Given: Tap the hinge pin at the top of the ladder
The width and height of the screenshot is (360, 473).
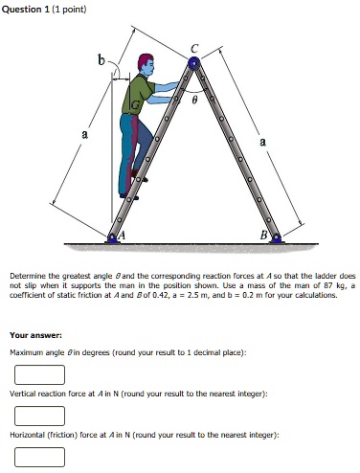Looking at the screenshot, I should coord(195,63).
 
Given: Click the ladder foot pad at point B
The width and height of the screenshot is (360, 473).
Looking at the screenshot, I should coord(276,236).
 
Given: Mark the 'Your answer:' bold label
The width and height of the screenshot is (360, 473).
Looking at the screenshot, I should coord(36,336).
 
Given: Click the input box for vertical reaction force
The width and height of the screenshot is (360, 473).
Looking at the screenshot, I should coord(39,415).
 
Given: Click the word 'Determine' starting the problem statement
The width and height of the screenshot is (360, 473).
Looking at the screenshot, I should coord(28,274).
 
